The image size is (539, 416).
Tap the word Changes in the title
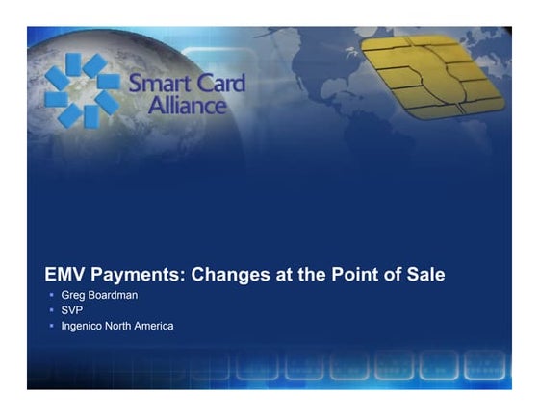tap(228, 275)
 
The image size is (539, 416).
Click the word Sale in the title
tap(423, 275)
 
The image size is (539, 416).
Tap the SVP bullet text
tap(72, 311)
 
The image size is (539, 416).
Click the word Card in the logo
tap(217, 85)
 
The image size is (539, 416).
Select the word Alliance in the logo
tap(187, 105)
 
